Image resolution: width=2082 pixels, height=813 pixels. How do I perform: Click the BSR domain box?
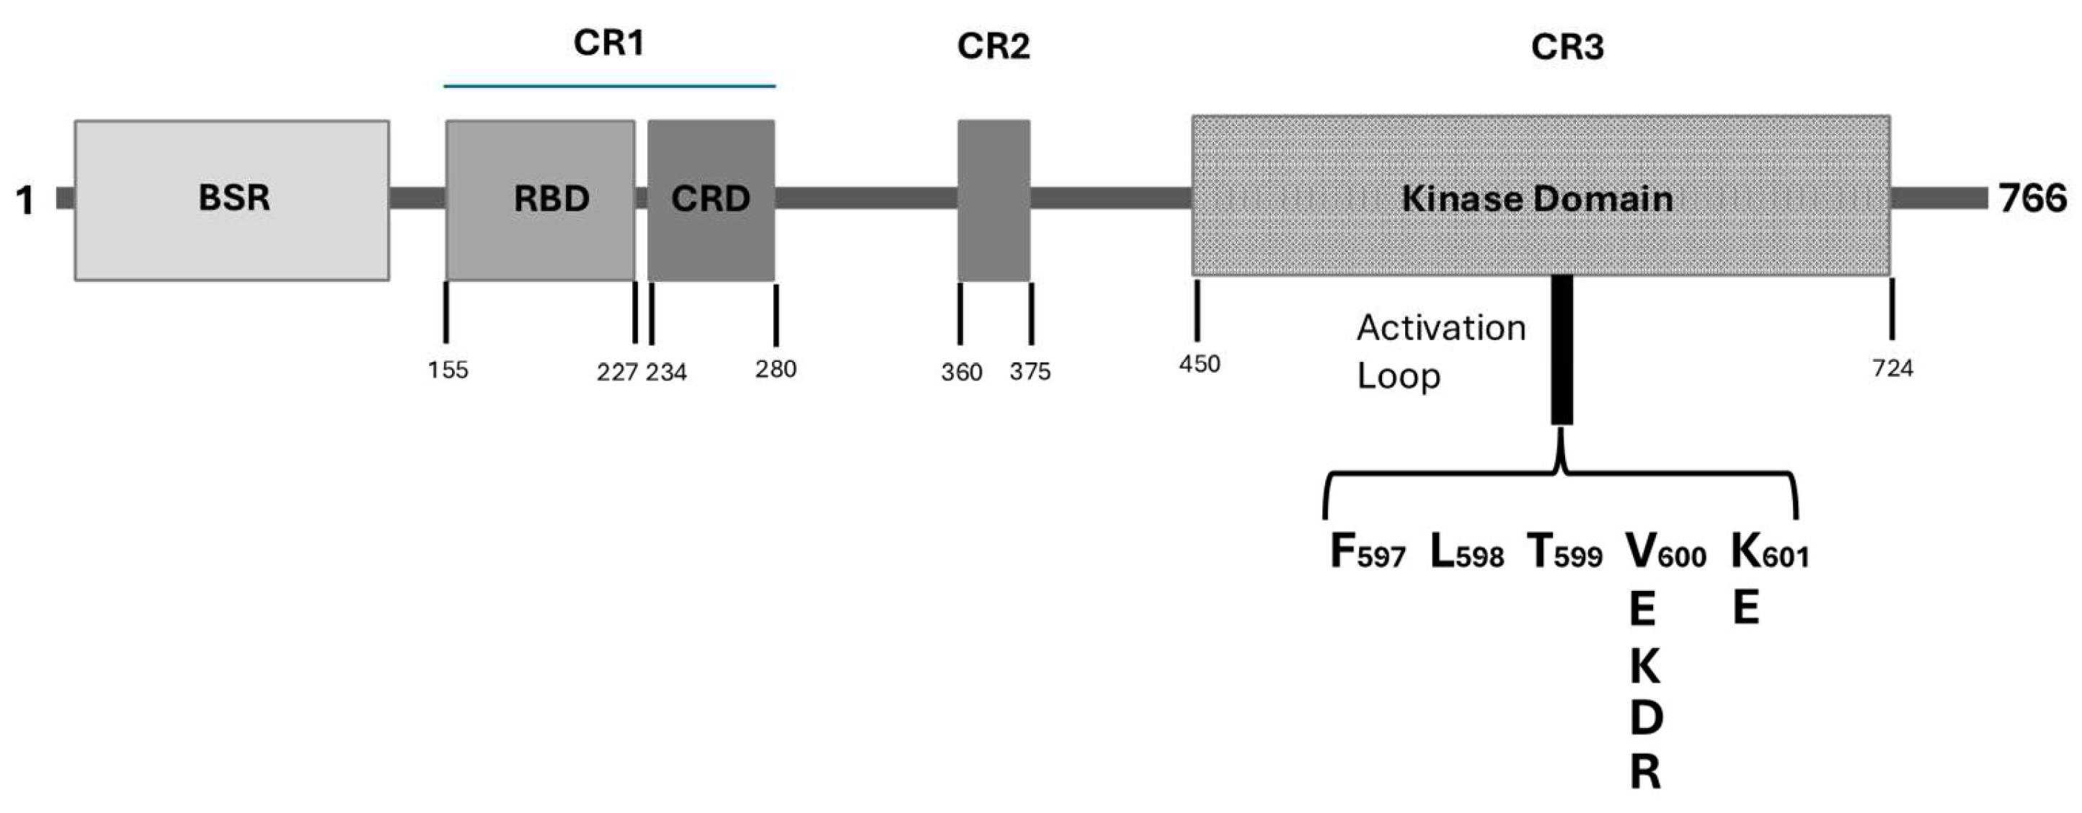[x=232, y=200]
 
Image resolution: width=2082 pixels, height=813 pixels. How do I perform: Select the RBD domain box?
[x=540, y=200]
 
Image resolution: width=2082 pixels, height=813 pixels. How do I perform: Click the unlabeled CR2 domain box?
[x=993, y=200]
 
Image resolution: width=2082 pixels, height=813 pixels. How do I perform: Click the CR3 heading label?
[x=1567, y=47]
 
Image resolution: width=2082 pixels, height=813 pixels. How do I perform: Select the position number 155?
[x=448, y=370]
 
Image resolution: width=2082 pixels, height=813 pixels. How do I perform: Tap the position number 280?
[x=776, y=369]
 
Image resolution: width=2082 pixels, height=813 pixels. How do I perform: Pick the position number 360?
[x=961, y=372]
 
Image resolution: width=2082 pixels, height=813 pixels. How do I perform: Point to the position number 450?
[x=1200, y=365]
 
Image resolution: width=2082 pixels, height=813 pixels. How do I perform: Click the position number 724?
[x=1893, y=368]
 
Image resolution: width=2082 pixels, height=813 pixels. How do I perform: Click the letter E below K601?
[x=1747, y=608]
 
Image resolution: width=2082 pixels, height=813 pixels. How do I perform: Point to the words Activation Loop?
[x=1440, y=352]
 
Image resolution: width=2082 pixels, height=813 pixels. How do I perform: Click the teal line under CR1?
[x=609, y=86]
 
